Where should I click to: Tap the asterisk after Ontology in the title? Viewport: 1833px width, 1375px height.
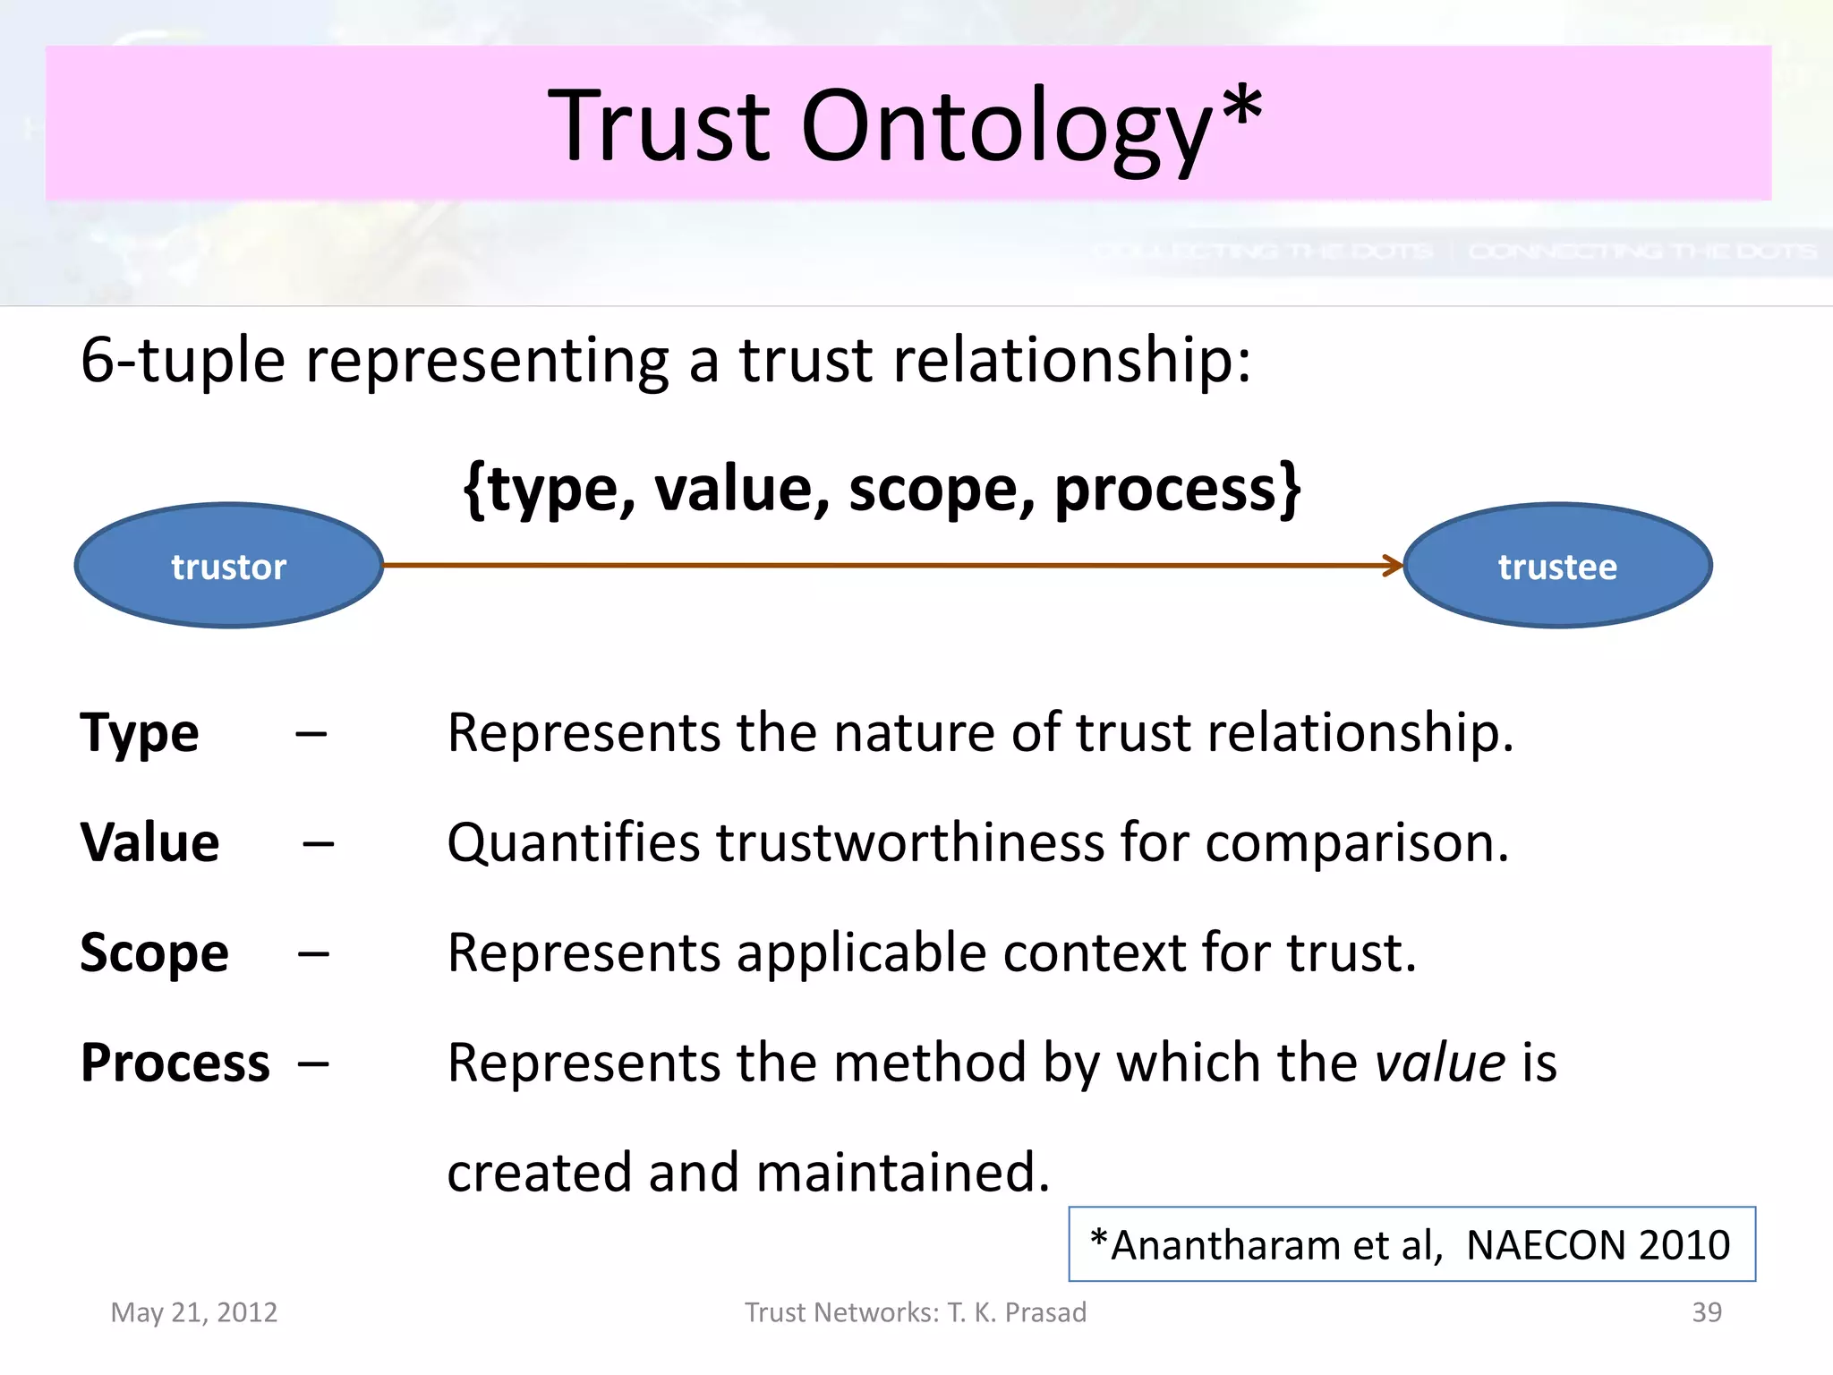click(x=1242, y=107)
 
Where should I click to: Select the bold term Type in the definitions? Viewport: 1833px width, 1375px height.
click(x=140, y=734)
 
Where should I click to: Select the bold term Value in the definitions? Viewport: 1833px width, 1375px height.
click(x=149, y=843)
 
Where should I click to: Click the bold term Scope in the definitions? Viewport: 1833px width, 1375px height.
click(x=154, y=953)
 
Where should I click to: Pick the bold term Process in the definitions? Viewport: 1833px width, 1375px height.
click(x=175, y=1063)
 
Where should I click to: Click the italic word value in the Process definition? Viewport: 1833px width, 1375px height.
click(x=1440, y=1063)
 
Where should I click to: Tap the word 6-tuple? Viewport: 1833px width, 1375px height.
click(x=183, y=361)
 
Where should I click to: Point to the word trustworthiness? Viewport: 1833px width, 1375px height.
click(x=909, y=843)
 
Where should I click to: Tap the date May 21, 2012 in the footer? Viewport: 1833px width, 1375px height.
click(x=193, y=1312)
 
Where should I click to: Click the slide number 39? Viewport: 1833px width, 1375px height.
click(x=1706, y=1312)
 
